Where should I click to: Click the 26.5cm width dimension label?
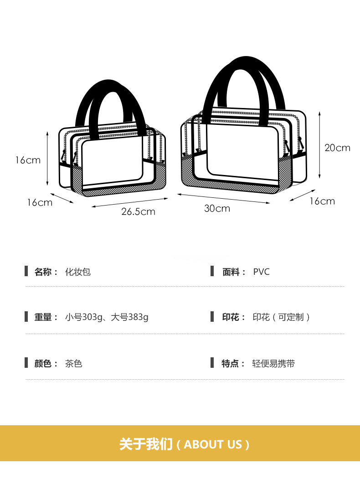tap(138, 211)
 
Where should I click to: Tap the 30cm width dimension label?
tap(217, 208)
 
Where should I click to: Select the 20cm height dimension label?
tap(337, 147)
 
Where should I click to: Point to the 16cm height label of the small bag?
tap(27, 160)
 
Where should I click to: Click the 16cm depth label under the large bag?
tap(322, 201)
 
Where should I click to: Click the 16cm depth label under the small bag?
tap(39, 202)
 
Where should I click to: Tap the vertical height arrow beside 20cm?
tap(320, 144)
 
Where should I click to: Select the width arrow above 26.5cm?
tap(130, 202)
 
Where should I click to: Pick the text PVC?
tap(262, 272)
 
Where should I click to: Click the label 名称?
tap(44, 272)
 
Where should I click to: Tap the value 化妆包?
tap(78, 272)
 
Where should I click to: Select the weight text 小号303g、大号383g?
tap(107, 317)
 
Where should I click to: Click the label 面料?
tap(231, 272)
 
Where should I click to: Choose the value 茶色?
tap(73, 364)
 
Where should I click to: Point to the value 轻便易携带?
tap(273, 364)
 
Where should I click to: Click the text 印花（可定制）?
tap(282, 317)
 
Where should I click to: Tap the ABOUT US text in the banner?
tap(213, 444)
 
